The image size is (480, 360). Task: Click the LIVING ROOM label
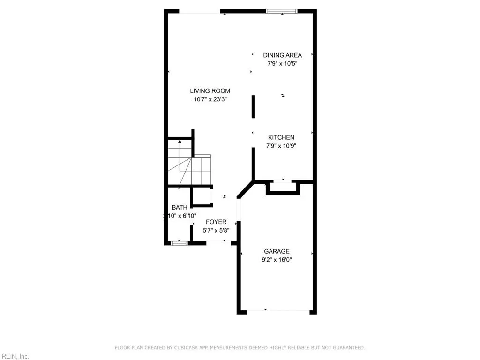coord(210,91)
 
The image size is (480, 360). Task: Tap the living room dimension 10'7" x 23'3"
coord(210,99)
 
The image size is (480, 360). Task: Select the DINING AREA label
coord(282,55)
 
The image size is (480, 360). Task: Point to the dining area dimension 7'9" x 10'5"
coord(282,64)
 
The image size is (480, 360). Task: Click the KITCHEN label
coord(281,137)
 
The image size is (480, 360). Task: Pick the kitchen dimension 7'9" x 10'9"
coord(281,146)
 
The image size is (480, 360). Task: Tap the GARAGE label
coord(277,251)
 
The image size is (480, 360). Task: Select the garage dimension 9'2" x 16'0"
coord(277,259)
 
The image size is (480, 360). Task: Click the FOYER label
coord(216,222)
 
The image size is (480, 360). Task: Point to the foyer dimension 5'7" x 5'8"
coord(216,230)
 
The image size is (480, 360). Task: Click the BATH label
coord(179,207)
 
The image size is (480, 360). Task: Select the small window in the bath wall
coord(179,243)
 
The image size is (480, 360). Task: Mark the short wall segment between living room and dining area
coord(253,107)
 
